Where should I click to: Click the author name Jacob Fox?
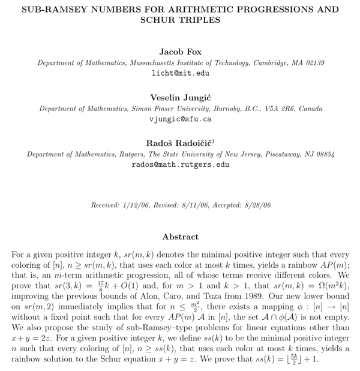180,52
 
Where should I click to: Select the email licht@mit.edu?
180,73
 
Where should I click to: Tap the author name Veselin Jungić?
180,98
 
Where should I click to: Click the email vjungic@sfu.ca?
180,119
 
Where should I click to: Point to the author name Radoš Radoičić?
178,143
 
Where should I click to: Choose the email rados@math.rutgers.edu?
180,164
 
